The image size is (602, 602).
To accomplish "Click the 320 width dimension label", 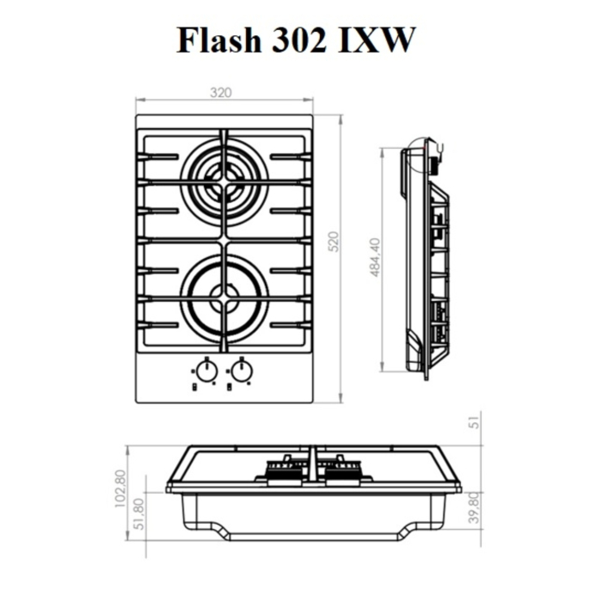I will [x=224, y=93].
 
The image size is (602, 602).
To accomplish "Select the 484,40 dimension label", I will [x=374, y=257].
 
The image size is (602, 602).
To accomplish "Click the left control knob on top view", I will [x=206, y=371].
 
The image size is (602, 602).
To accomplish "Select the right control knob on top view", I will [x=242, y=371].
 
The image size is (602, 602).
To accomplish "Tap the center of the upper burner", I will [x=224, y=181].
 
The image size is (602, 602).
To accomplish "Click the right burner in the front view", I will [x=341, y=470].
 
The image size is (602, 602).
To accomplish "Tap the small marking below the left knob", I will [x=196, y=387].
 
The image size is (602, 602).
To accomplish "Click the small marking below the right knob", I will [x=231, y=387].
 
